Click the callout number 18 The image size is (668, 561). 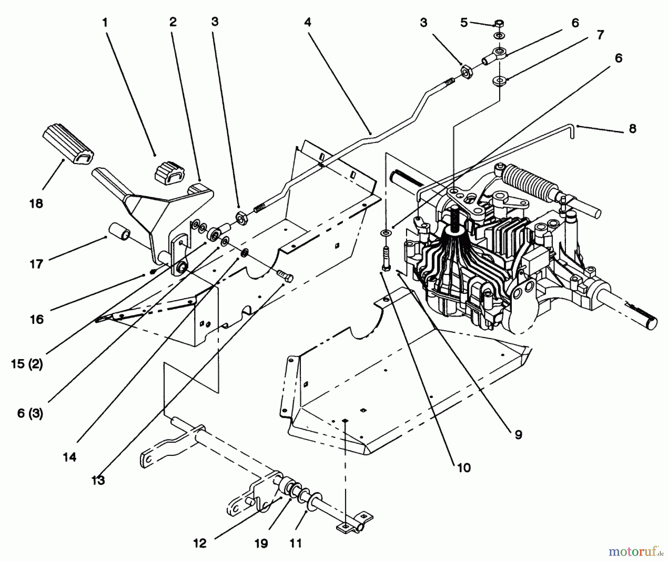[x=36, y=203]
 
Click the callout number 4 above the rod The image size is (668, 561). [x=307, y=22]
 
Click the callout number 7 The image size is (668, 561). [x=600, y=35]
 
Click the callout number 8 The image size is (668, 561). [x=632, y=128]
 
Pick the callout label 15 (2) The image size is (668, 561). [x=27, y=364]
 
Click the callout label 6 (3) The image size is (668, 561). [x=30, y=413]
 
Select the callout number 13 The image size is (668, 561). [x=98, y=480]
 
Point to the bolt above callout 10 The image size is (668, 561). [x=385, y=256]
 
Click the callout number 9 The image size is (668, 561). [x=518, y=434]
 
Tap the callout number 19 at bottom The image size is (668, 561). [x=261, y=544]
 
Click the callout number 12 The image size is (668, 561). [x=200, y=544]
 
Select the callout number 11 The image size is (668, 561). [x=295, y=543]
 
